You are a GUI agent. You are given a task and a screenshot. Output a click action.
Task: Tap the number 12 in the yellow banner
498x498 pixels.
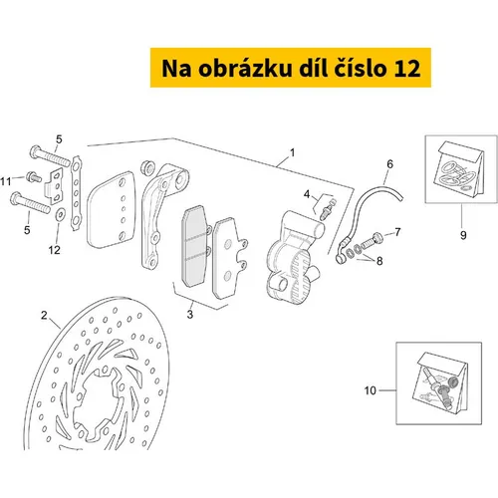coord(407,68)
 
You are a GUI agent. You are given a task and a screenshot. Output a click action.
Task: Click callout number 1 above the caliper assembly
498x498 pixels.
coord(292,152)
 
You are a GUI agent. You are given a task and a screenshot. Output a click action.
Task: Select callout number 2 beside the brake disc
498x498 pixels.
coord(44,315)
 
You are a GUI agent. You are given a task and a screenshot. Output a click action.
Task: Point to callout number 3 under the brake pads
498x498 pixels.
coord(190,314)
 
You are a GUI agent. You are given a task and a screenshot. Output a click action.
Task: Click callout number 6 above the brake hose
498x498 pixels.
coord(389,164)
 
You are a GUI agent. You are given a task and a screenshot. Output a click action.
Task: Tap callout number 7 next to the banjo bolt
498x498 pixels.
coord(397,232)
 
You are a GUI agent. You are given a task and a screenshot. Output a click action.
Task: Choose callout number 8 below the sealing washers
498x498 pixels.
coord(379,261)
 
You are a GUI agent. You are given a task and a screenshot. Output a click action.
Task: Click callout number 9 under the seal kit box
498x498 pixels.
coord(463,235)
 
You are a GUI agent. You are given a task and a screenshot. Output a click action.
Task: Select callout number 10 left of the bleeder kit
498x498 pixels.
coord(371,390)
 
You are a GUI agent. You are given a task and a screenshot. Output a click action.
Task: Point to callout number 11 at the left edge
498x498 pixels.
coord(6,181)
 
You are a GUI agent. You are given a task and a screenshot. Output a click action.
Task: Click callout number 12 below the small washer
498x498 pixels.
coord(55,250)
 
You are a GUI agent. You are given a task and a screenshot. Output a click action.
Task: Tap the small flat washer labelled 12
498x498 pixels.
coord(60,215)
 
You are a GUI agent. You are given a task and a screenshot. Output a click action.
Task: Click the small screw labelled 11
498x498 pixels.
coord(34,177)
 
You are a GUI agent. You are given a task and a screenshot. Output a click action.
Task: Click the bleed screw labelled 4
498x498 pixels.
coord(328,209)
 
